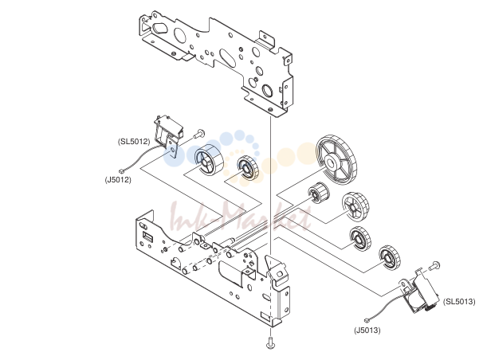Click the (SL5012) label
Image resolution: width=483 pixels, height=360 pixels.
pyautogui.click(x=134, y=141)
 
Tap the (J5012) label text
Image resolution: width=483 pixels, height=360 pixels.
pyautogui.click(x=118, y=179)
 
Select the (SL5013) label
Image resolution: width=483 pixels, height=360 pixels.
pyautogui.click(x=459, y=301)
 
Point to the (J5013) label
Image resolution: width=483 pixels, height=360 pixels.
pyautogui.click(x=367, y=331)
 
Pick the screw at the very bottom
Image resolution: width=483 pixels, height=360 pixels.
pyautogui.click(x=270, y=342)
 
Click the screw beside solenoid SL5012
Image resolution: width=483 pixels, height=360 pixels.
pyautogui.click(x=199, y=133)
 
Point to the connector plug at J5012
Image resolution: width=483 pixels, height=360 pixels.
pyautogui.click(x=121, y=171)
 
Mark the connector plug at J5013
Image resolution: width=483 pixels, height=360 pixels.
pyautogui.click(x=367, y=321)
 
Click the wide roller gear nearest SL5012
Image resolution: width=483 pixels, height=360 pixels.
pyautogui.click(x=209, y=160)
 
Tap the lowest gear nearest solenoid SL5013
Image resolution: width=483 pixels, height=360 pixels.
pyautogui.click(x=390, y=258)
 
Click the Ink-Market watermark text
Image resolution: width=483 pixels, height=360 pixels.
pyautogui.click(x=240, y=217)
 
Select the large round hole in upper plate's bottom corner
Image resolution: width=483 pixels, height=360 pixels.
pyautogui.click(x=267, y=90)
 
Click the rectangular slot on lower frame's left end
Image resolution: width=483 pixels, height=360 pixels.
pyautogui.click(x=148, y=237)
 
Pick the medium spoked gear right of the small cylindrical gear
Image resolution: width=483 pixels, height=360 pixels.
pyautogui.click(x=355, y=207)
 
